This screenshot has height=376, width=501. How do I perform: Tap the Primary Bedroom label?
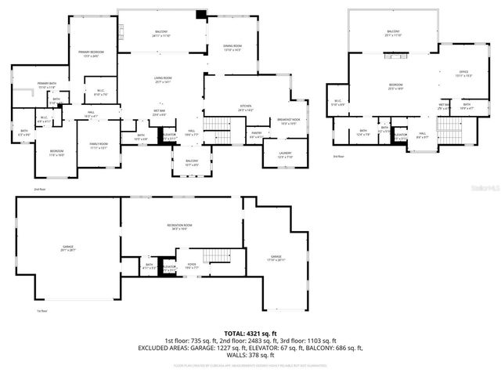tap(93, 53)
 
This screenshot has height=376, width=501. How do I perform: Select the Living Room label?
tap(163, 80)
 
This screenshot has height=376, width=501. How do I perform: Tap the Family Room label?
tap(98, 146)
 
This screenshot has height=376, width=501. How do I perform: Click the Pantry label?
tap(256, 135)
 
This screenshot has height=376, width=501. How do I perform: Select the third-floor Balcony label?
tap(393, 33)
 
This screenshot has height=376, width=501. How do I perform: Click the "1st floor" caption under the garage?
tap(43, 311)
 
